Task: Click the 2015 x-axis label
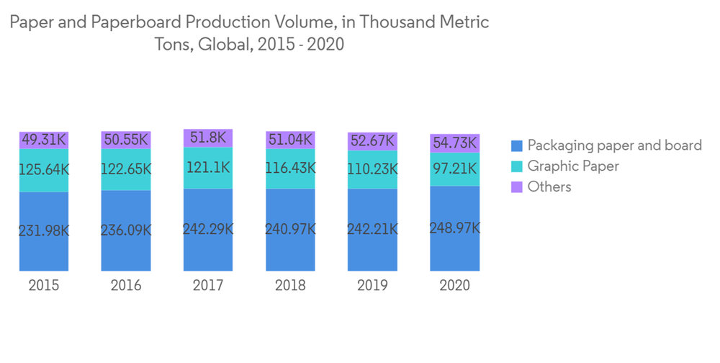point(44,285)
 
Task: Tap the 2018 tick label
point(290,285)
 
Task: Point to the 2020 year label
point(454,285)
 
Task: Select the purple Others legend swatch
point(516,187)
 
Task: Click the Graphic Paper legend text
point(573,166)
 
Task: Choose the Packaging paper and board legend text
point(614,145)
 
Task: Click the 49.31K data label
point(44,140)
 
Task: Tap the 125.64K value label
point(44,170)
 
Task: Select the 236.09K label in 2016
point(126,230)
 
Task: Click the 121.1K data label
point(208,168)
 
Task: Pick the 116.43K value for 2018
point(290,168)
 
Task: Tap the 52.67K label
point(372,140)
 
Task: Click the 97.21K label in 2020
point(454,169)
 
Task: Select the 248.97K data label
point(454,228)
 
